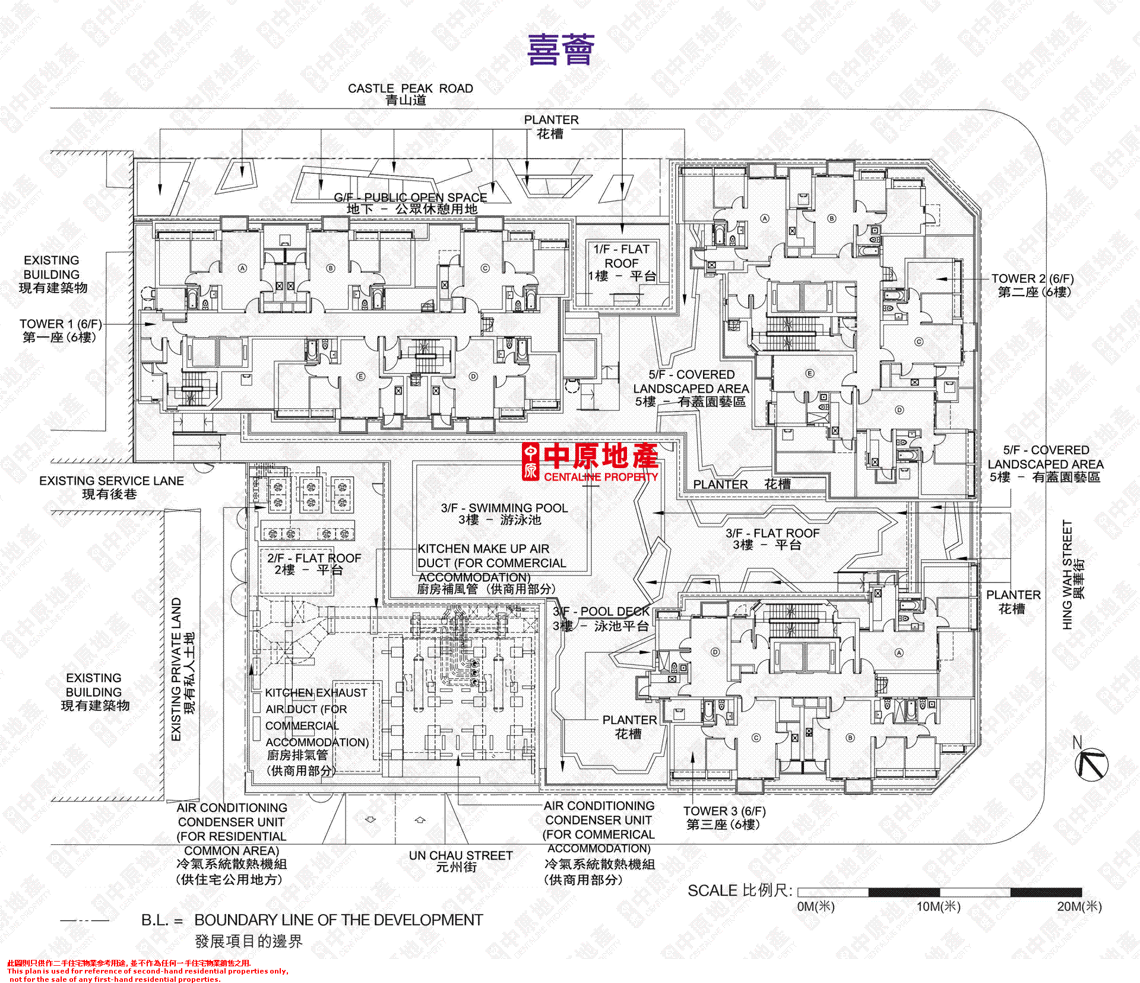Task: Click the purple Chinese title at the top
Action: pos(560,50)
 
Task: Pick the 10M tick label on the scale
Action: pos(938,906)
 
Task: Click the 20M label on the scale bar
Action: pos(1079,906)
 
